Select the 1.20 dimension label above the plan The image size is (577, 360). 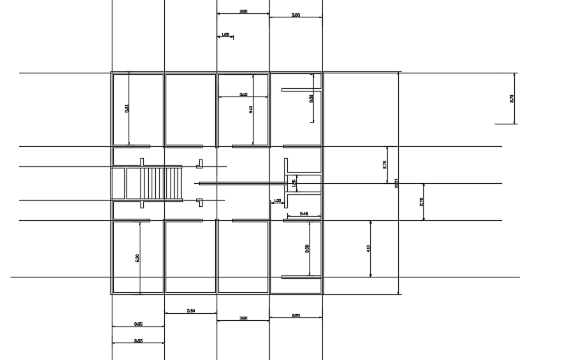tap(226, 34)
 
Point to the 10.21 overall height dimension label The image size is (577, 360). tap(396, 183)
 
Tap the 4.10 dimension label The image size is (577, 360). tap(368, 247)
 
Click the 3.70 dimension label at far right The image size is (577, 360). tap(512, 99)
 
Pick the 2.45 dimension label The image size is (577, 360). tap(305, 213)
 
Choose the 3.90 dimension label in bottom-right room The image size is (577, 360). tap(307, 248)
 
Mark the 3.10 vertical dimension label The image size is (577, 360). tap(250, 108)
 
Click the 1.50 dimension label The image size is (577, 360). tap(294, 183)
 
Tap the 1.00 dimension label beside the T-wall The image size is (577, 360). tap(277, 201)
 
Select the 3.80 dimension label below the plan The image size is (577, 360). tap(191, 310)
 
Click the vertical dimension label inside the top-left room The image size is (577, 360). tap(127, 108)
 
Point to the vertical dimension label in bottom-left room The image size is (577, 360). tap(138, 257)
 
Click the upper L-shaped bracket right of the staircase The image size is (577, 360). tap(200, 164)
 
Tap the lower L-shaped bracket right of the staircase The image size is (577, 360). tap(200, 202)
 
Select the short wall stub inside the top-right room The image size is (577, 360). tap(300, 89)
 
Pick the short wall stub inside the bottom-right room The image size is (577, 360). tap(300, 277)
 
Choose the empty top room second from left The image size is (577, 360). tap(190, 108)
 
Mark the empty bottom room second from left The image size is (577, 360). tap(190, 257)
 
